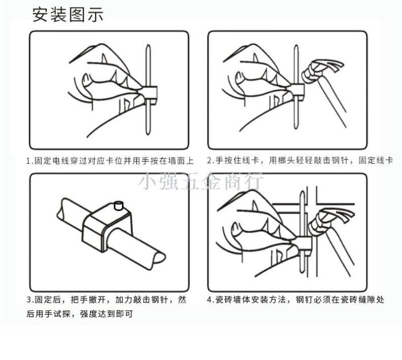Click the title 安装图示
tap(68, 15)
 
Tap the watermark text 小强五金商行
tap(200, 181)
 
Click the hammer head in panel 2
tap(322, 70)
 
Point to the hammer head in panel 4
tap(331, 221)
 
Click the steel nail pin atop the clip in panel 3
tap(119, 206)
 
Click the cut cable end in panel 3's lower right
tap(159, 257)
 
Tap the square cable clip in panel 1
tap(149, 95)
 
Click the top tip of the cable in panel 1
tap(148, 46)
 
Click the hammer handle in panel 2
tap(332, 102)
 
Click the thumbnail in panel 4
tap(236, 229)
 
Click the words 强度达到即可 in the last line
tap(107, 314)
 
